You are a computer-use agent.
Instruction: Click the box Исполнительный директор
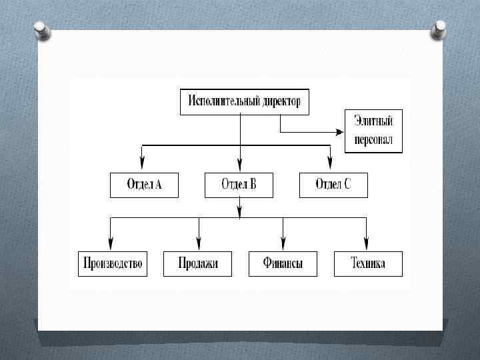click(x=245, y=102)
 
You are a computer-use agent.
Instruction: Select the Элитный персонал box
click(x=373, y=131)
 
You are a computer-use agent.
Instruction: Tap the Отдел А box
click(x=145, y=185)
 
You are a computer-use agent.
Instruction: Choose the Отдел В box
click(x=239, y=185)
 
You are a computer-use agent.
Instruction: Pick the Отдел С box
click(x=333, y=185)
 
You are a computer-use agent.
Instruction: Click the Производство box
click(x=111, y=263)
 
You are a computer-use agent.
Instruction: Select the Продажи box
click(x=198, y=263)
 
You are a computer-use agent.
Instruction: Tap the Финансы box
click(x=283, y=263)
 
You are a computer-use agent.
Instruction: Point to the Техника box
click(x=368, y=263)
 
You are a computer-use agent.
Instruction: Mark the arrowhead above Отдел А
click(x=143, y=163)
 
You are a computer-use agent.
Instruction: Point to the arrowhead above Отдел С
click(x=329, y=163)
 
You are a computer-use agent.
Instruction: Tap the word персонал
click(x=373, y=141)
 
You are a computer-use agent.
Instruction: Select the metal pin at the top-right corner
click(x=440, y=29)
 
